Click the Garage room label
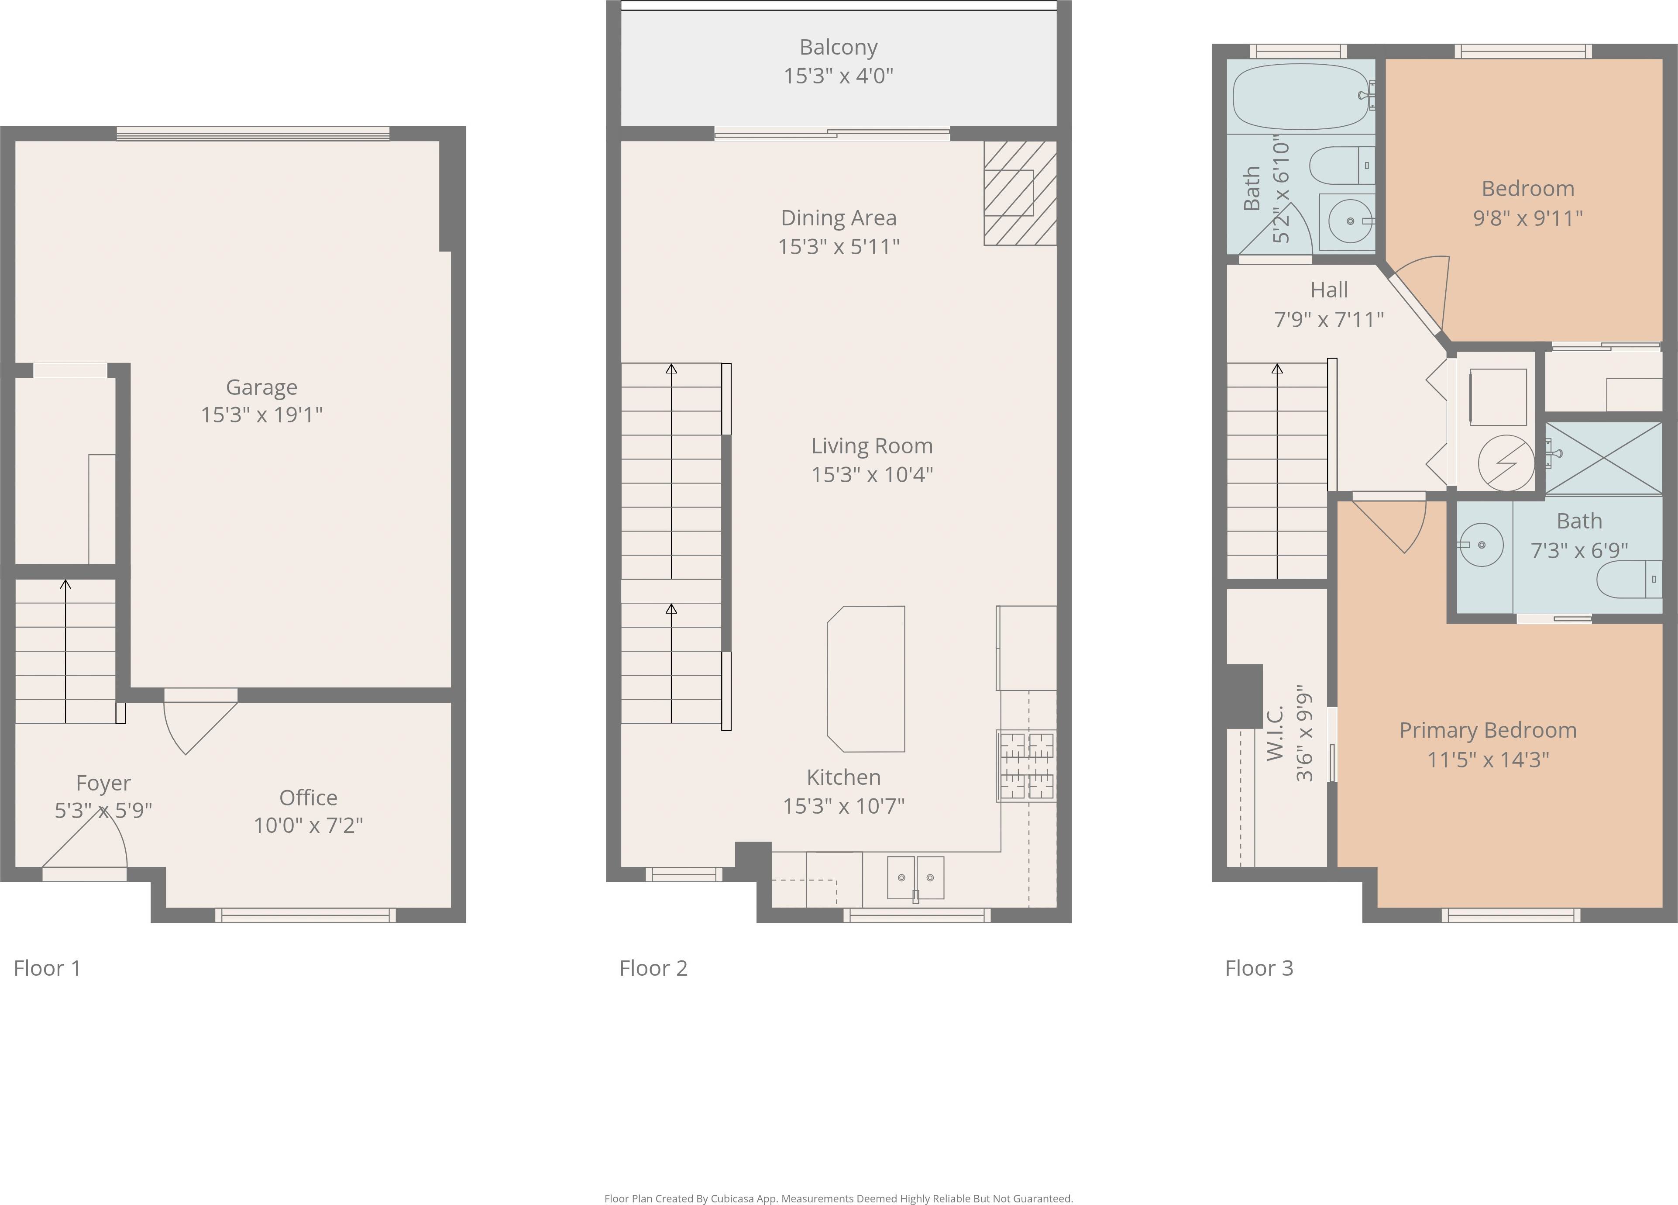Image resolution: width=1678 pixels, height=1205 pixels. click(261, 387)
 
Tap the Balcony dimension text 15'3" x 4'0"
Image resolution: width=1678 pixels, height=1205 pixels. click(838, 76)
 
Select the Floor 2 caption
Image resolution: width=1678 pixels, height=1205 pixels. click(653, 968)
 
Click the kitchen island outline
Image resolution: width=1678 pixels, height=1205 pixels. click(866, 679)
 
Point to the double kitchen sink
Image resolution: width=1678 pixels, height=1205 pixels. click(915, 878)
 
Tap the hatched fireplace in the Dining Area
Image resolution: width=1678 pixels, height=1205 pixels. click(1020, 193)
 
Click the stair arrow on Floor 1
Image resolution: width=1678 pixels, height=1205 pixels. click(66, 651)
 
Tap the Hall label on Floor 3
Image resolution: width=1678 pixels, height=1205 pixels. click(1329, 290)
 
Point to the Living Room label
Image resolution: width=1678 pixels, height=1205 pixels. click(872, 445)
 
